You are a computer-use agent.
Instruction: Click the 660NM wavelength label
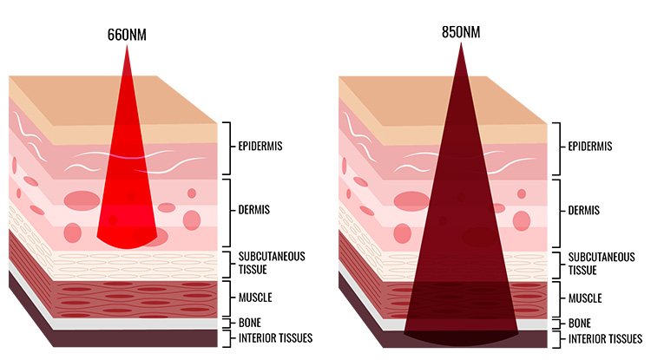[127, 35]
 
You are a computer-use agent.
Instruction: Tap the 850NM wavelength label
[461, 32]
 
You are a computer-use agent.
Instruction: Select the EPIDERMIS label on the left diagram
[260, 147]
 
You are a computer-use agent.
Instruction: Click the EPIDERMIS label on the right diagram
[590, 147]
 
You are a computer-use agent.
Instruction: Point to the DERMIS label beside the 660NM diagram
[254, 210]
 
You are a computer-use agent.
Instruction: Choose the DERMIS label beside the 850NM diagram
[584, 211]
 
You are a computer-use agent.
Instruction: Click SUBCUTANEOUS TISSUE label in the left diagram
[272, 263]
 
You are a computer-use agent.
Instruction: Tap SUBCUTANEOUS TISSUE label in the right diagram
[602, 264]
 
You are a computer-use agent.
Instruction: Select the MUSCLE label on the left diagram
[255, 298]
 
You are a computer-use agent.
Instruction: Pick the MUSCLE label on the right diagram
[585, 298]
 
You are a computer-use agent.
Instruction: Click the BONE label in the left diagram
[249, 323]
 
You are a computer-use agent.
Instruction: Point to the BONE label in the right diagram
[580, 324]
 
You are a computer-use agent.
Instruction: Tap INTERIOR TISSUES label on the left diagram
[275, 338]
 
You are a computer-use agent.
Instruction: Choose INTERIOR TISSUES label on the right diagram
[605, 339]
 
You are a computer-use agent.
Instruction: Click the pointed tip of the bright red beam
[127, 46]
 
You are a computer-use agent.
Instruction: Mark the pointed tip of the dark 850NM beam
[461, 43]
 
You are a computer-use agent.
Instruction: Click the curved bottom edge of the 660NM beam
[127, 247]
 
